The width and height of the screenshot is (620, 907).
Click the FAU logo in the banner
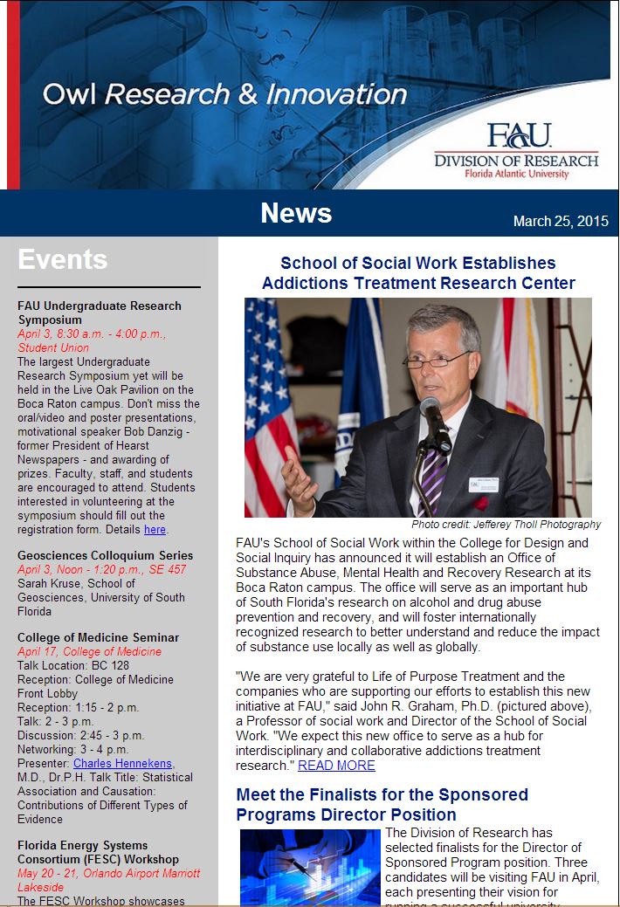coord(519,135)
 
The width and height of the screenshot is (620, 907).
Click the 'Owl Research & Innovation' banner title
coord(224,94)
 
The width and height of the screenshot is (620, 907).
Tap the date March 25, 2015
coord(561,221)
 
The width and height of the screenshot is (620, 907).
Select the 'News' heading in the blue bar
coord(296,213)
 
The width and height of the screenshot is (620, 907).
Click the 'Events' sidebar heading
coord(62,259)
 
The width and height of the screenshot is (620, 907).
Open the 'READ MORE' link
coord(336,766)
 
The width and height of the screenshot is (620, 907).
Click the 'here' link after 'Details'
coord(155,529)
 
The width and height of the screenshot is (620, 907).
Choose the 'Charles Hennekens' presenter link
coord(123,763)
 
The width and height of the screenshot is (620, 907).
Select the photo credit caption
coord(506,525)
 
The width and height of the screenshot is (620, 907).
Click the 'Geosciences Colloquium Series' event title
coord(105,555)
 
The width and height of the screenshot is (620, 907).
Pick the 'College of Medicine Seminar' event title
coord(98,637)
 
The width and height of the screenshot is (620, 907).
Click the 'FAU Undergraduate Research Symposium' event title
coord(100,313)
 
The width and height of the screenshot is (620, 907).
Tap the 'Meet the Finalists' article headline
coord(382,804)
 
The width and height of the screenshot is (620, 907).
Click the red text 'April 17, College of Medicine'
coord(89,651)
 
